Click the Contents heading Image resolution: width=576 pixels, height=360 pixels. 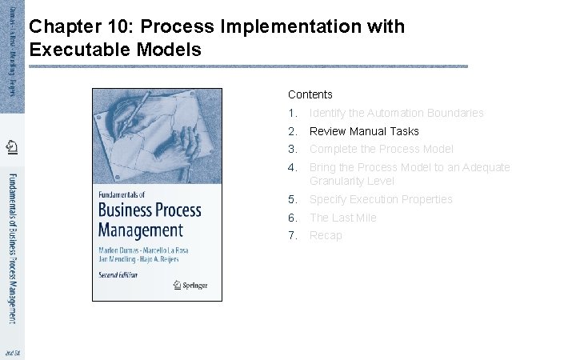pyautogui.click(x=310, y=94)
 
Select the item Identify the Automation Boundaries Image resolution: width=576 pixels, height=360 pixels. pyautogui.click(x=396, y=113)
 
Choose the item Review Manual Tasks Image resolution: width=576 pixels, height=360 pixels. pyautogui.click(x=364, y=131)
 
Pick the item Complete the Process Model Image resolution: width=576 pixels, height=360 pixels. pyautogui.click(x=381, y=149)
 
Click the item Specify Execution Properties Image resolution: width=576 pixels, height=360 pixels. pyautogui.click(x=381, y=199)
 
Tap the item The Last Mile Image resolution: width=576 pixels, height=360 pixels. pyautogui.click(x=342, y=218)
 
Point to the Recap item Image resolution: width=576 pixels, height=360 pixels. pyautogui.click(x=326, y=235)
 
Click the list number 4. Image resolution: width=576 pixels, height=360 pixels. pyautogui.click(x=293, y=167)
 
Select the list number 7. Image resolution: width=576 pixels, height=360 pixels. pyautogui.click(x=293, y=235)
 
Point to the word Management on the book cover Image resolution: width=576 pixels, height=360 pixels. pyautogui.click(x=141, y=231)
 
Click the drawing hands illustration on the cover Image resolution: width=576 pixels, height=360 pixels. pyautogui.click(x=157, y=135)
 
